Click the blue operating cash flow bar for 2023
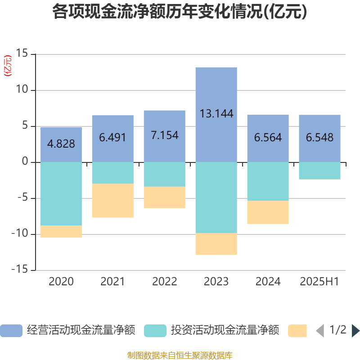coord(216,90)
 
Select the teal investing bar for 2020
coord(61,193)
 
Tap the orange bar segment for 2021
coord(113,201)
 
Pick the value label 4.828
coord(61,144)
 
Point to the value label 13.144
coord(216,114)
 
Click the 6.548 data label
coord(320,137)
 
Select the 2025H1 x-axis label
coord(319,282)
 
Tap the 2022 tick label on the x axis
coord(165,282)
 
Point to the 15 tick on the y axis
coord(22,54)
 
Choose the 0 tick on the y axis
coord(25,162)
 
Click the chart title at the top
coord(180,12)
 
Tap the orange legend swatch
coord(297,331)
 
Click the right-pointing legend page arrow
coord(355,331)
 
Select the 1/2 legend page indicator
coord(338,330)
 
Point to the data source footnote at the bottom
coord(180,355)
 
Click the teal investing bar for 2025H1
coord(320,171)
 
